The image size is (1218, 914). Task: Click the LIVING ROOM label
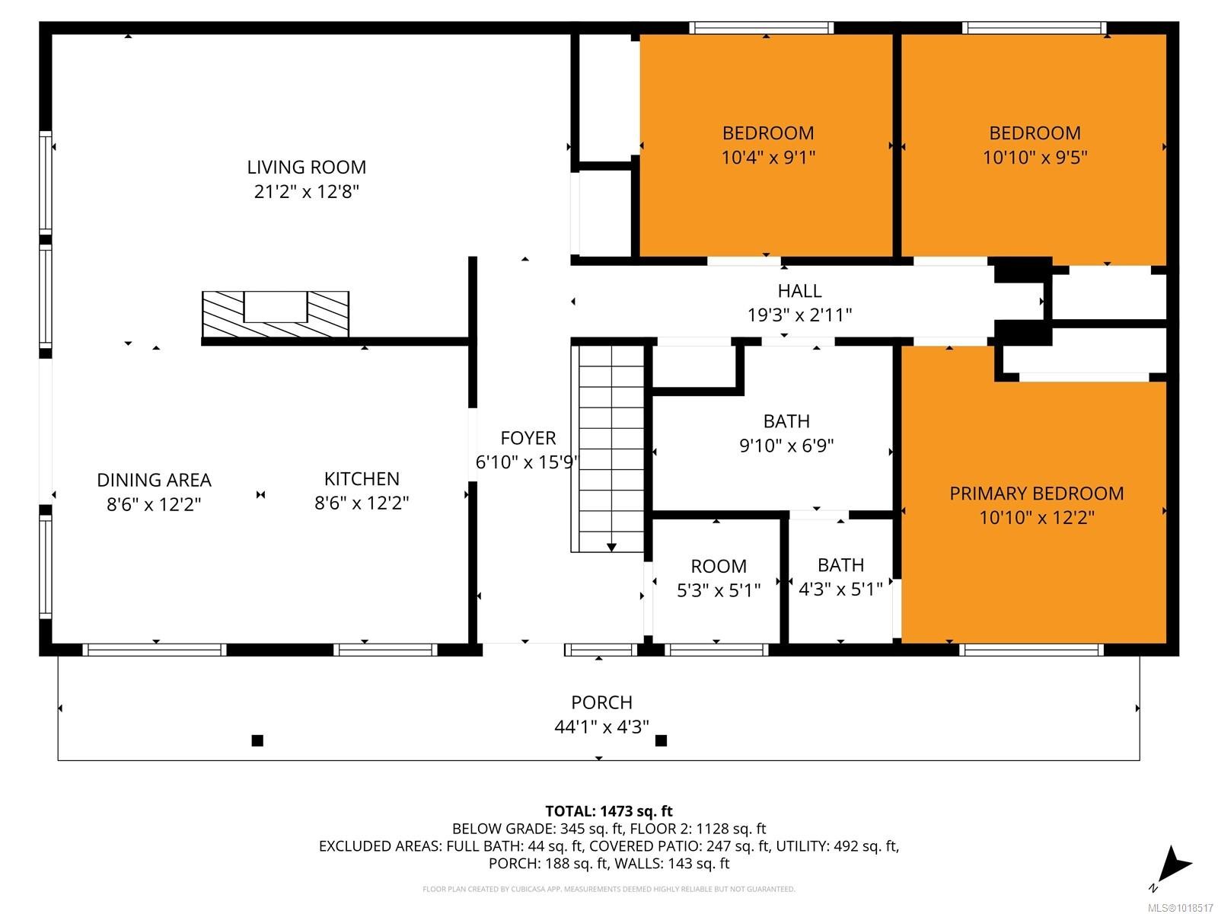(x=306, y=167)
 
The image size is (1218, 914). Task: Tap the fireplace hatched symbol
(x=275, y=314)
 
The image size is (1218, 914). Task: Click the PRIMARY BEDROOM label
(x=1036, y=494)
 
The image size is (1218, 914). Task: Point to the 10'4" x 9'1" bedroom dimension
(x=768, y=158)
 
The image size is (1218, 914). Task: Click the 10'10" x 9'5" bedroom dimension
(x=1035, y=158)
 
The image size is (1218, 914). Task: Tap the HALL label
(x=799, y=291)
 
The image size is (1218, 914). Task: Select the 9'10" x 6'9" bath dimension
(x=786, y=446)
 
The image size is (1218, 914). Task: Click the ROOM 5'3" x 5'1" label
(x=719, y=567)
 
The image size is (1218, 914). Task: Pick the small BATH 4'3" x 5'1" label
(x=840, y=565)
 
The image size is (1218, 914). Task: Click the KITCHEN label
(x=362, y=479)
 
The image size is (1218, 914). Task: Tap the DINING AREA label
(x=154, y=480)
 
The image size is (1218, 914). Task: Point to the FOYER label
(x=528, y=438)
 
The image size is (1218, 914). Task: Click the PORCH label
(x=601, y=702)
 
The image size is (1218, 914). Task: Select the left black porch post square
(x=257, y=740)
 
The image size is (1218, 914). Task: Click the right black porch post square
(x=661, y=740)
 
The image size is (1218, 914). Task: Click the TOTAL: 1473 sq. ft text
(x=609, y=811)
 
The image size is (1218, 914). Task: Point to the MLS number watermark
(x=1180, y=908)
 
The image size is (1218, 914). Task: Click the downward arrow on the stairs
(x=611, y=546)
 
